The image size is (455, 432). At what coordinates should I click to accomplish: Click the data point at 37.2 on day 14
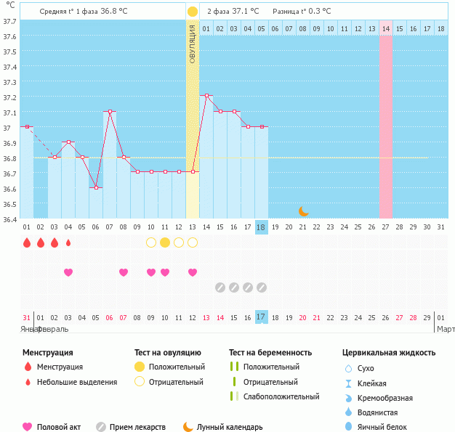pos(206,96)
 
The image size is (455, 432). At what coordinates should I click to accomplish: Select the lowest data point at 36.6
pos(96,187)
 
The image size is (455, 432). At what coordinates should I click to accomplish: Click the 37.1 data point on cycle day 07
pos(110,112)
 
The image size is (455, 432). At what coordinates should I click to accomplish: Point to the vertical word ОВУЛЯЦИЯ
pos(192,44)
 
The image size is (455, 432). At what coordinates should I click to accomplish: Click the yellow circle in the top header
pos(192,12)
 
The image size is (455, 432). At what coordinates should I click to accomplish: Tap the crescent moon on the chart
pos(303,211)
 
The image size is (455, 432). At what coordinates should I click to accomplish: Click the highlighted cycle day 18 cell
pos(262,227)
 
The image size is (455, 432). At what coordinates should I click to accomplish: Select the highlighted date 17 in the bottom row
pos(262,317)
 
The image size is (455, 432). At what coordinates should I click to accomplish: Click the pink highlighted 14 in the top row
pos(385,28)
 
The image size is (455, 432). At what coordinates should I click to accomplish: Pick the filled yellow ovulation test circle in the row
pos(165,243)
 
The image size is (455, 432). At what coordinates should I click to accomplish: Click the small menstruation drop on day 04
pos(68,243)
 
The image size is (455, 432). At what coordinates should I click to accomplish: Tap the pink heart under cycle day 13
pos(193,272)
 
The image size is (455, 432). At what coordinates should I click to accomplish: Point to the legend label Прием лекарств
pos(137,428)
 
